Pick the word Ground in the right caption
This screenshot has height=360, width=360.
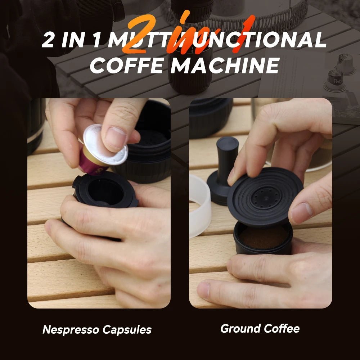[240, 328]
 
